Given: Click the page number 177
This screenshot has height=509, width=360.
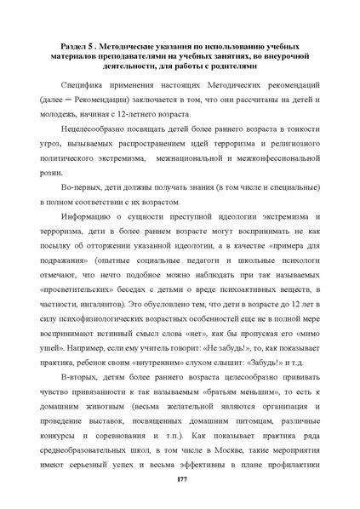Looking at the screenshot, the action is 180,482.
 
